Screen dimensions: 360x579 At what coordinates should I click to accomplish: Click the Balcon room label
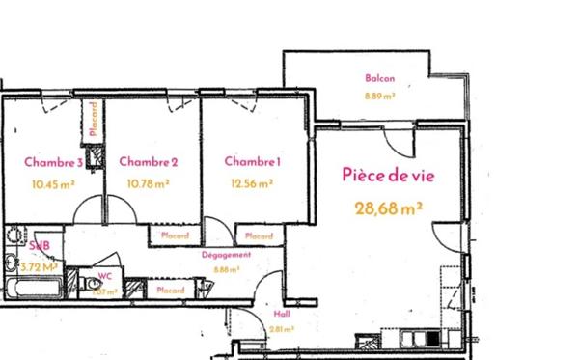379,79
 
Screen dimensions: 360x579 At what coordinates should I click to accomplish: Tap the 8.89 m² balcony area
379,96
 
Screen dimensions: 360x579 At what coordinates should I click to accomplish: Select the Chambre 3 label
53,161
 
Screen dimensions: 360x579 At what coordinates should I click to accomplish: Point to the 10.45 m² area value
52,181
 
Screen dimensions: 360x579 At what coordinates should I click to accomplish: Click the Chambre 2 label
148,161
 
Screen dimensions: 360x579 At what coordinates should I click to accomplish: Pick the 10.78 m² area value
149,181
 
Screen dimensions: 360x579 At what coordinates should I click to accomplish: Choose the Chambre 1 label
253,161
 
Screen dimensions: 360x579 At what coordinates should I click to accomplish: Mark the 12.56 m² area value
252,181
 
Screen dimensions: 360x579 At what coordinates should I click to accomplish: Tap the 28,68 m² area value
389,208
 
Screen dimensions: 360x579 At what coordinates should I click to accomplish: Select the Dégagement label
226,255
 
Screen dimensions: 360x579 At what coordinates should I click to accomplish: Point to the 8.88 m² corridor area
226,270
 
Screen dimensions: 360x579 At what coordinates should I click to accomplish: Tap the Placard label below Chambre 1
259,235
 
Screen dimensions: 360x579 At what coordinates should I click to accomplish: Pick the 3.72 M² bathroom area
39,266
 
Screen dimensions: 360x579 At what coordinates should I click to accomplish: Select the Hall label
282,315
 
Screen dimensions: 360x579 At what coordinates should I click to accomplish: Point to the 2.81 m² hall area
282,329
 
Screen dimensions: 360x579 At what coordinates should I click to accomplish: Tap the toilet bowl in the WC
89,286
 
